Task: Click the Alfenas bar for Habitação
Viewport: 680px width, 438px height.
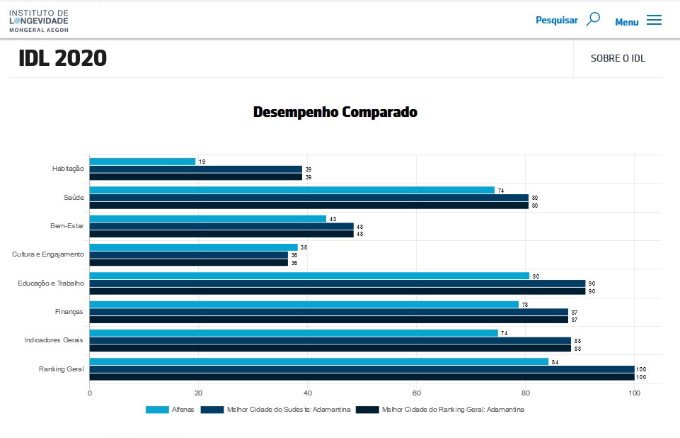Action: click(x=142, y=162)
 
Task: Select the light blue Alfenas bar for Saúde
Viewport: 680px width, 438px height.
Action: click(x=292, y=190)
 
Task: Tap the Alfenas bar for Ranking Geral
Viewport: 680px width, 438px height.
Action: click(x=318, y=361)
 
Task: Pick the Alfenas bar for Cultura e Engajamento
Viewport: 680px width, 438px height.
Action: click(x=193, y=247)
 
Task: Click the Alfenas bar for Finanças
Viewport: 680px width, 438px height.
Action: click(x=304, y=305)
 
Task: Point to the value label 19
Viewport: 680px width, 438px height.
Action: click(x=202, y=162)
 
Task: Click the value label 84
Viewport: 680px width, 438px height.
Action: click(x=555, y=362)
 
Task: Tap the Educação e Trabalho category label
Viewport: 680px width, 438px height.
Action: click(x=51, y=283)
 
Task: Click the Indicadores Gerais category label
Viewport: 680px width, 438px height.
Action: click(x=54, y=340)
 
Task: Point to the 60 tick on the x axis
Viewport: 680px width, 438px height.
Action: click(x=417, y=393)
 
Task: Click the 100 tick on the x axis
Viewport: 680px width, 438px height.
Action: click(x=634, y=393)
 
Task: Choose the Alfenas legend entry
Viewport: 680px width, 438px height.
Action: click(x=170, y=410)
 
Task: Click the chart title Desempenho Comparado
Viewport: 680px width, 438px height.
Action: click(x=335, y=112)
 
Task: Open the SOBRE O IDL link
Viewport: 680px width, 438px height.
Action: click(x=618, y=58)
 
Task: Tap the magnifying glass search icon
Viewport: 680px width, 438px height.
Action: click(x=593, y=19)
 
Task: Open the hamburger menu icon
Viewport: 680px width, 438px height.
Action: click(x=654, y=21)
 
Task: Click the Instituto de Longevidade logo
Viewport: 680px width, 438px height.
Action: click(x=39, y=21)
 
